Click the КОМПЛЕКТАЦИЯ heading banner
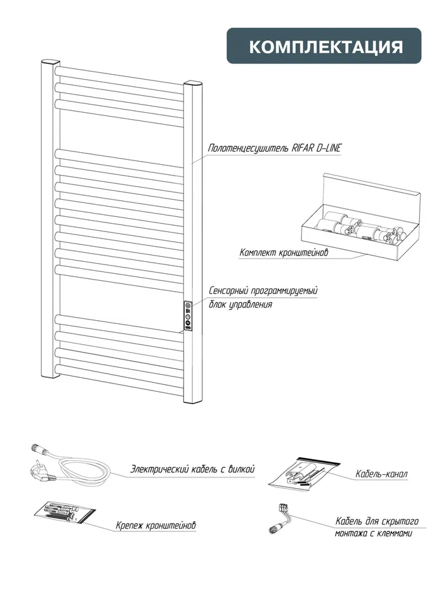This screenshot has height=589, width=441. tap(324, 46)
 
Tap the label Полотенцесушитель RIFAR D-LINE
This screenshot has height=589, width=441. tap(275, 148)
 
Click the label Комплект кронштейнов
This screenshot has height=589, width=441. tap(284, 253)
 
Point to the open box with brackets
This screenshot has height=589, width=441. tap(360, 219)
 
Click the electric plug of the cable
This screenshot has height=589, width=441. tap(36, 471)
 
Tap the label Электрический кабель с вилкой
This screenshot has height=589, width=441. tap(192, 470)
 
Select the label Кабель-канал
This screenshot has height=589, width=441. tap(382, 474)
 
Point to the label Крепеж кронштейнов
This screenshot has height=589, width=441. tap(156, 526)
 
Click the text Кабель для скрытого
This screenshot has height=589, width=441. tap(377, 521)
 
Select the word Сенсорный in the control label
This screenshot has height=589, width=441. tap(230, 291)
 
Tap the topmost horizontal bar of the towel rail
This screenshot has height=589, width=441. tap(121, 74)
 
